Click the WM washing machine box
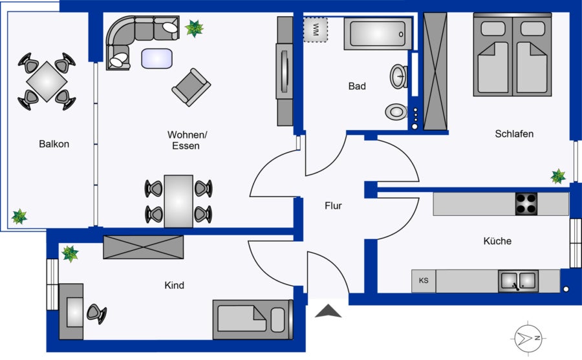pyautogui.click(x=316, y=30)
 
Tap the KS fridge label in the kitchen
pyautogui.click(x=424, y=281)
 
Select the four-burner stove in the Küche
pyautogui.click(x=526, y=204)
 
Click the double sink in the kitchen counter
pyautogui.click(x=518, y=281)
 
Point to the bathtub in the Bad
pyautogui.click(x=378, y=34)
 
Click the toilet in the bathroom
pyautogui.click(x=396, y=111)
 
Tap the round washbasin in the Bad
pyautogui.click(x=398, y=76)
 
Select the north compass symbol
pyautogui.click(x=528, y=338)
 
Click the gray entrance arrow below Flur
pyautogui.click(x=328, y=311)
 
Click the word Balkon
pyautogui.click(x=54, y=144)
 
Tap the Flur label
pyautogui.click(x=333, y=206)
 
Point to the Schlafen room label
pyautogui.click(x=514, y=134)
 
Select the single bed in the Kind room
pyautogui.click(x=253, y=319)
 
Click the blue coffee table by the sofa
pyautogui.click(x=157, y=59)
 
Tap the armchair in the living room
pyautogui.click(x=191, y=87)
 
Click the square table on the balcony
pyautogui.click(x=47, y=81)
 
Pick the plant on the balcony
pyautogui.click(x=19, y=217)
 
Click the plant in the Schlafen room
pyautogui.click(x=558, y=176)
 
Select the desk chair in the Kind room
pyautogui.click(x=96, y=313)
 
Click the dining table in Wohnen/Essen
pyautogui.click(x=178, y=201)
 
